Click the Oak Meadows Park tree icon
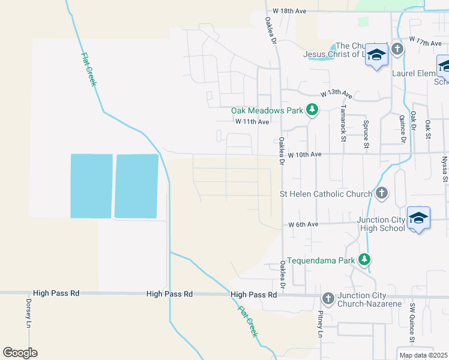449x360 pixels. pyautogui.click(x=312, y=110)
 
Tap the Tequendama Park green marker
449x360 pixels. pyautogui.click(x=364, y=260)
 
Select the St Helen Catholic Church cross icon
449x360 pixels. pyautogui.click(x=381, y=193)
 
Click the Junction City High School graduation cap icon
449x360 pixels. pyautogui.click(x=418, y=218)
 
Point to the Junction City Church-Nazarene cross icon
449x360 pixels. pyautogui.click(x=328, y=298)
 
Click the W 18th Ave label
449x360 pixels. pyautogui.click(x=289, y=11)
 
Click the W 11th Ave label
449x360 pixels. pyautogui.click(x=252, y=121)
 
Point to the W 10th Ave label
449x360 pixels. pyautogui.click(x=305, y=154)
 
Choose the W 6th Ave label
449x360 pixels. pyautogui.click(x=303, y=224)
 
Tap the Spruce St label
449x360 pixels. pyautogui.click(x=366, y=134)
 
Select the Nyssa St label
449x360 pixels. pyautogui.click(x=445, y=169)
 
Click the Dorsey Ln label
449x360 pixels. pyautogui.click(x=28, y=313)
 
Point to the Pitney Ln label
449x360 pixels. pyautogui.click(x=321, y=324)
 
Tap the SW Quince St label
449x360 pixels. pyautogui.click(x=412, y=323)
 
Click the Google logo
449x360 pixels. pyautogui.click(x=20, y=353)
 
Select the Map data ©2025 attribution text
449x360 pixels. pyautogui.click(x=422, y=355)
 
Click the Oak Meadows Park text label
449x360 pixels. pyautogui.click(x=268, y=110)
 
